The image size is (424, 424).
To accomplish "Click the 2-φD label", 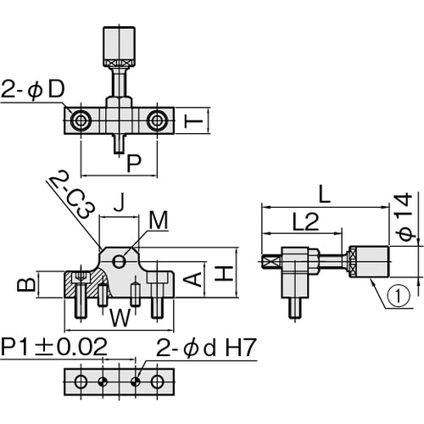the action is pyautogui.click(x=33, y=90).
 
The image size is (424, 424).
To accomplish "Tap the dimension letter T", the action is pyautogui.click(x=193, y=121).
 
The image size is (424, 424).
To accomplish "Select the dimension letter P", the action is pyautogui.click(x=134, y=164).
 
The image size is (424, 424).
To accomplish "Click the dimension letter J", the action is pyautogui.click(x=120, y=203).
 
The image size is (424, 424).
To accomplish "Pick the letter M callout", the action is pyautogui.click(x=159, y=220).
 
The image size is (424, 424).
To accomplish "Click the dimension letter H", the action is pyautogui.click(x=224, y=273).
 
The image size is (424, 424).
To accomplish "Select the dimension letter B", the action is pyautogui.click(x=26, y=284).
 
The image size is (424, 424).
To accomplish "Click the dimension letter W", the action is pyautogui.click(x=120, y=318).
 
